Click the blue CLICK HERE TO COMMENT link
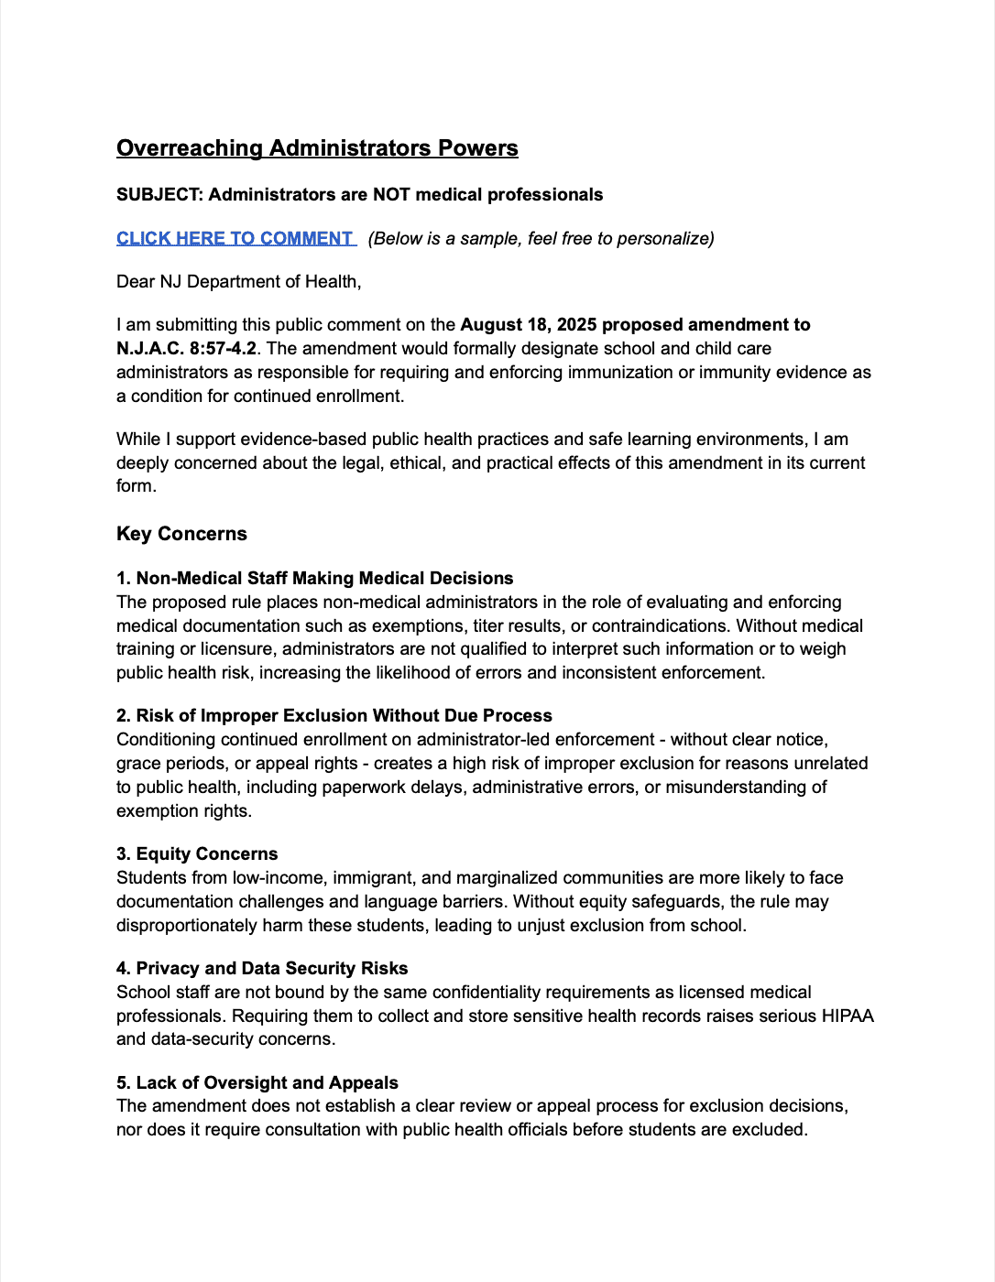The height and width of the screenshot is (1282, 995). coord(235,238)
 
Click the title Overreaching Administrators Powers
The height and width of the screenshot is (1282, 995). coord(317,148)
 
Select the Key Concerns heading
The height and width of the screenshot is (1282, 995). coord(181,534)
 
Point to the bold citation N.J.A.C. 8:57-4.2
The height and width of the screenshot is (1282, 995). coord(186,348)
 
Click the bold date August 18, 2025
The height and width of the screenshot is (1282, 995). coord(528,324)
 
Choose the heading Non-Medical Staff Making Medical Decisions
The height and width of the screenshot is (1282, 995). coord(324,578)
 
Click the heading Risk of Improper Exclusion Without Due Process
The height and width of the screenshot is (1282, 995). coord(344,715)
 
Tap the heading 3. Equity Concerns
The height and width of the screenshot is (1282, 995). coord(197,853)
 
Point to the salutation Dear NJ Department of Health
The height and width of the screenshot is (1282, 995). coord(238,281)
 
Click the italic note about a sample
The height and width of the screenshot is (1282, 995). coord(541,238)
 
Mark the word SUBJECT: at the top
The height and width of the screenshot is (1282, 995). coord(159,194)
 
